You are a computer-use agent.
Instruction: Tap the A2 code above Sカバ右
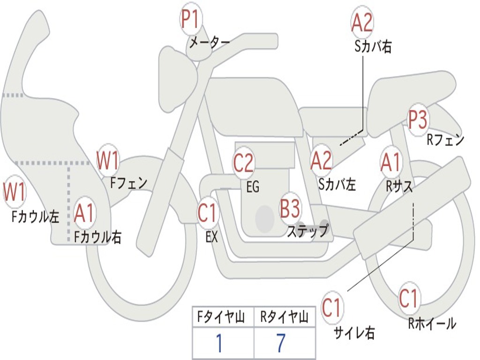point(362,23)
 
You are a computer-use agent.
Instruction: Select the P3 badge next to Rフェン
point(418,120)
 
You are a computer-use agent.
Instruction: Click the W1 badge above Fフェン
point(108,160)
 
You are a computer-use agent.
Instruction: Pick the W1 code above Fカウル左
point(15,192)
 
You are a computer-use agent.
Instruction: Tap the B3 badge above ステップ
point(290,209)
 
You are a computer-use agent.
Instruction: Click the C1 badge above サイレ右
point(332,307)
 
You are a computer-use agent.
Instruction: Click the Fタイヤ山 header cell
point(223,317)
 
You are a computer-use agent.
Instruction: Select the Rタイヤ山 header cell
point(284,317)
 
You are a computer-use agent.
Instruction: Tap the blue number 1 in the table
point(219,344)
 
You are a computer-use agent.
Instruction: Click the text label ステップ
point(308,231)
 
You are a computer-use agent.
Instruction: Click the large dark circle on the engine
point(265,218)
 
